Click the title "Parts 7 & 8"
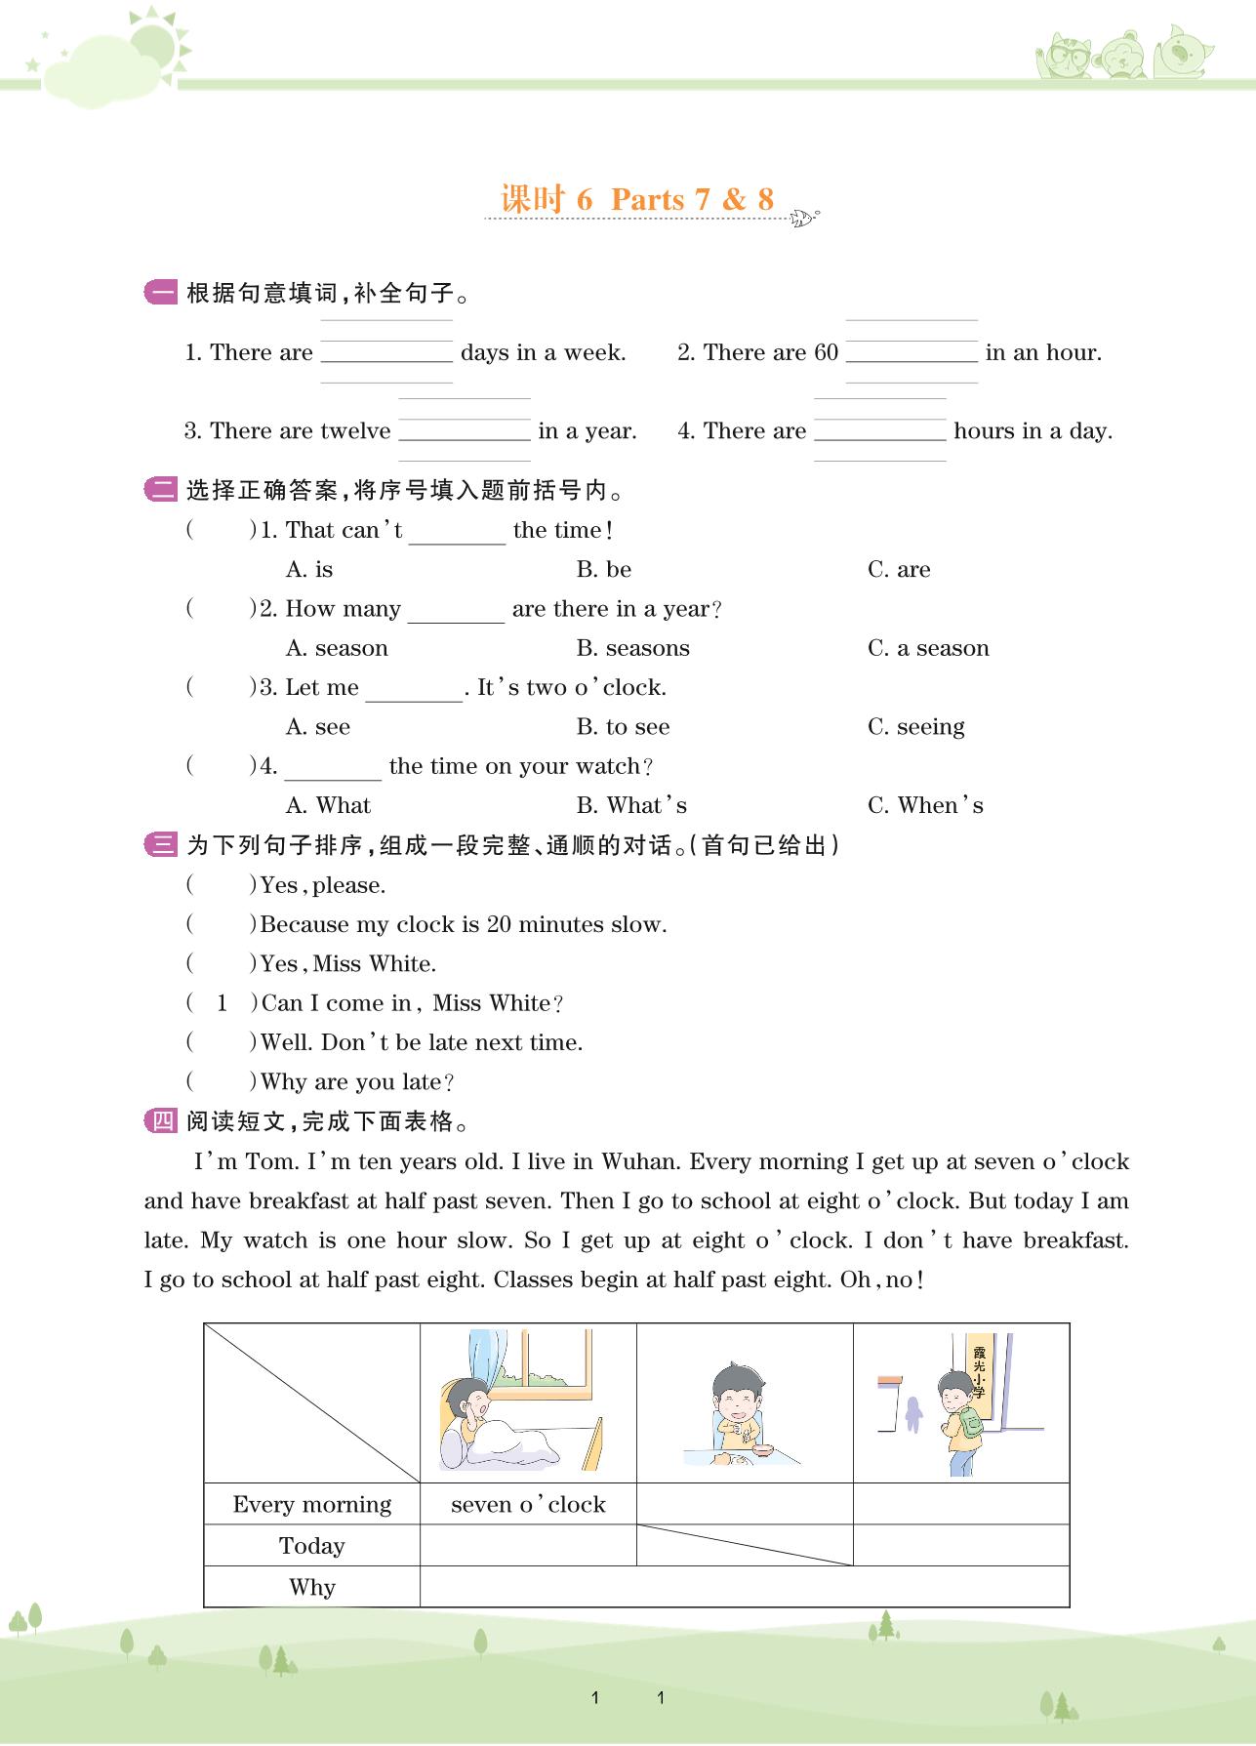coord(692,199)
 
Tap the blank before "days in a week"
coord(386,351)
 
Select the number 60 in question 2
coord(826,352)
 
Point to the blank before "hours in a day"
coord(879,430)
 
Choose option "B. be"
coord(603,569)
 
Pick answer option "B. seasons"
coord(632,648)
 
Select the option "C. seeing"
coord(915,727)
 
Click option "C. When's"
coord(924,805)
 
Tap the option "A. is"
coord(309,569)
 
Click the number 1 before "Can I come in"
coord(222,1002)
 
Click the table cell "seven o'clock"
coord(528,1504)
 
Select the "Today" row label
coord(311,1546)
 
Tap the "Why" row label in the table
coord(311,1587)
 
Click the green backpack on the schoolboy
coord(970,1421)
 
